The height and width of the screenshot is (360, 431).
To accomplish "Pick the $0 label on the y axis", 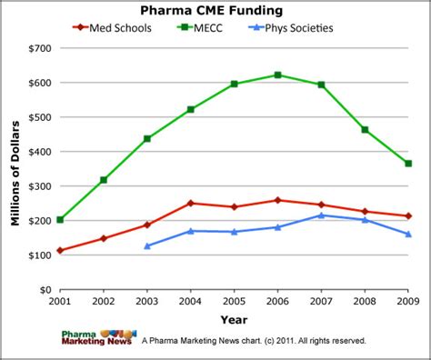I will click(x=42, y=290).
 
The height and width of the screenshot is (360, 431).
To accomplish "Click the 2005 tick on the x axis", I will click(x=234, y=301).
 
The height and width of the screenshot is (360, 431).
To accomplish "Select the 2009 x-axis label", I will click(x=407, y=301).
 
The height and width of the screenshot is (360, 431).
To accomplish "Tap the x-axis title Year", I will click(x=234, y=319).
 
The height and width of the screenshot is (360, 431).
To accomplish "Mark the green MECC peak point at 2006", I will click(x=277, y=75).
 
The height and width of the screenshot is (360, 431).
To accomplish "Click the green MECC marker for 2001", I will click(x=60, y=220).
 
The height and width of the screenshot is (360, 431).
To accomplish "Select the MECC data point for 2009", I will click(x=408, y=164).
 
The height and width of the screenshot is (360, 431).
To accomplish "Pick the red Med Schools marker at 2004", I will click(x=190, y=203).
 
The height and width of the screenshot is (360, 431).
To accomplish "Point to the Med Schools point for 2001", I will click(x=60, y=251).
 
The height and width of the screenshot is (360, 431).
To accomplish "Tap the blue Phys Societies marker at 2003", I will click(x=147, y=246).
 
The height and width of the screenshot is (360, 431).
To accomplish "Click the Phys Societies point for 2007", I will click(x=321, y=215).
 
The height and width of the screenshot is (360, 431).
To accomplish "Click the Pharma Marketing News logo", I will click(x=98, y=337).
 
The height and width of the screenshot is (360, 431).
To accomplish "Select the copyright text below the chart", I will click(x=255, y=341).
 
